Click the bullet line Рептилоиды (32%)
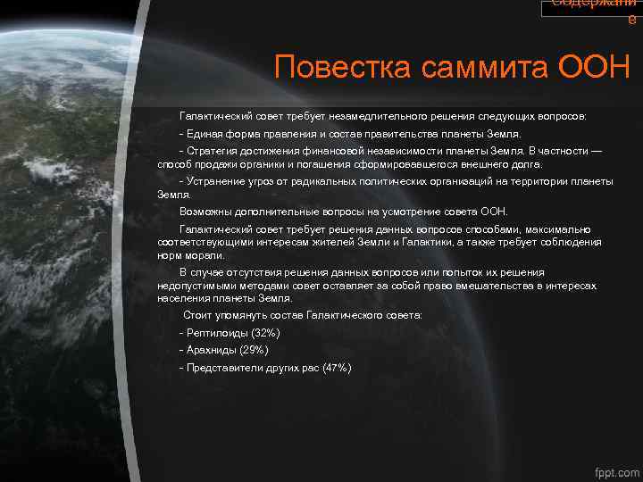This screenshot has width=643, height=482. [230, 332]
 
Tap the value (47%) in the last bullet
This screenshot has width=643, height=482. [337, 368]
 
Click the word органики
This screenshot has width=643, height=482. [267, 164]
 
